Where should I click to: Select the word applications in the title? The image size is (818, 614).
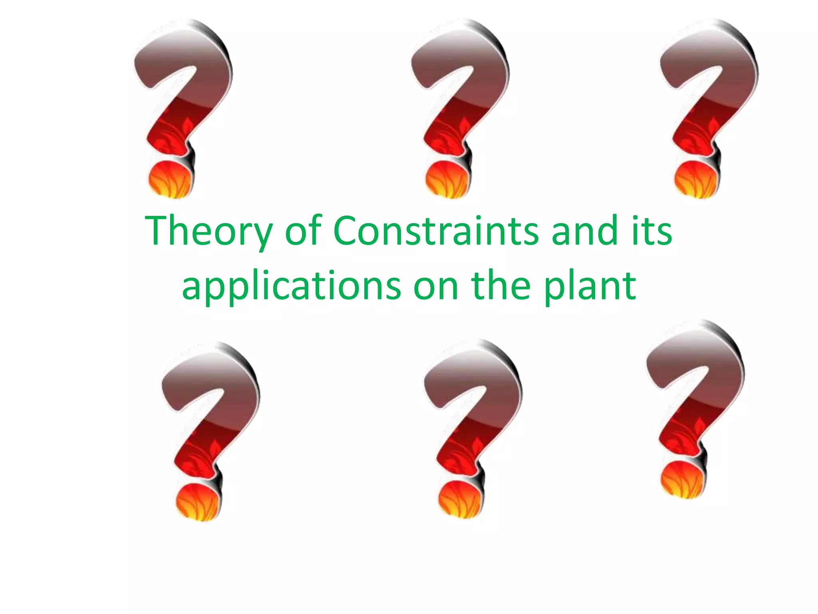point(291,286)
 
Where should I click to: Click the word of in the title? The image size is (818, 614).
point(303,231)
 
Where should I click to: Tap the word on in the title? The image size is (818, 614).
point(436,286)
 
